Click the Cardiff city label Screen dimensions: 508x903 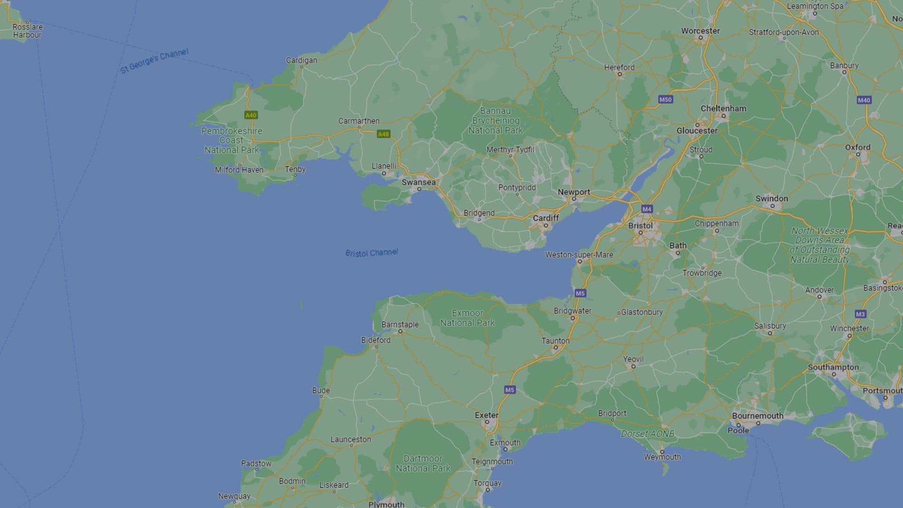click(546, 218)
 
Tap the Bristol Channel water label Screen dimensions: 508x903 click(372, 253)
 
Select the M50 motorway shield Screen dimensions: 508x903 click(665, 100)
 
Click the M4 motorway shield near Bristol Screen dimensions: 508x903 click(647, 209)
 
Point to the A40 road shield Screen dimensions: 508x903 click(251, 115)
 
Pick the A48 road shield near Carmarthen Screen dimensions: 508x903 click(383, 134)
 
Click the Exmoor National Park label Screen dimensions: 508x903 click(467, 318)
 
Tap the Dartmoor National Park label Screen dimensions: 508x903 click(423, 463)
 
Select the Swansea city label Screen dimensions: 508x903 click(418, 182)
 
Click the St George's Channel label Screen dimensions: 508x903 click(154, 61)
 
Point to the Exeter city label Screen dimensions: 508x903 click(486, 415)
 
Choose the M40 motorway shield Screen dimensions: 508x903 click(864, 100)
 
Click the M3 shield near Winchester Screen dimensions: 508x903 click(860, 314)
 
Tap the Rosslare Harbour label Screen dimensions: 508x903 click(27, 31)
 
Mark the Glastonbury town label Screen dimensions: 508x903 click(642, 312)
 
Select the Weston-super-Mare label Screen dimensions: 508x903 click(579, 255)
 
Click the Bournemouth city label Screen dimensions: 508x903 click(758, 416)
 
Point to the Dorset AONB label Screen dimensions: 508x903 click(648, 434)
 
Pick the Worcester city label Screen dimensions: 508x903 click(700, 31)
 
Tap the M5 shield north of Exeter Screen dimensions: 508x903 click(510, 390)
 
